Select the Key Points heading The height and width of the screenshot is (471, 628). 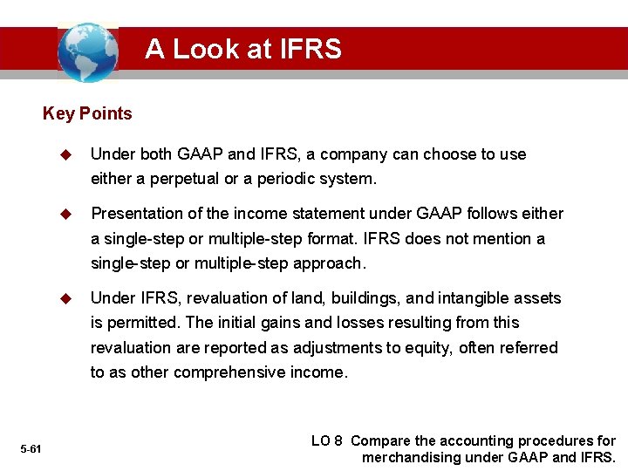tap(87, 113)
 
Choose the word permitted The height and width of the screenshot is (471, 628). tap(143, 323)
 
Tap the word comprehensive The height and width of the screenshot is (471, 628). tap(231, 372)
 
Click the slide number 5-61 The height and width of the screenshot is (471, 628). tap(31, 448)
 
